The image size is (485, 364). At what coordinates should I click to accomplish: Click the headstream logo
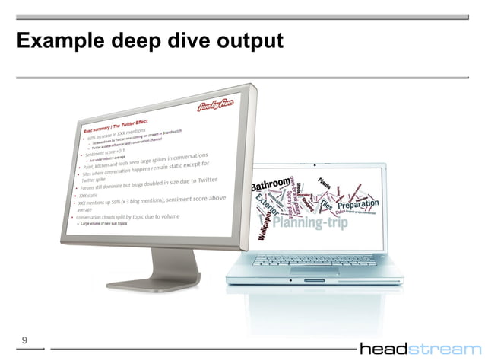tap(420, 349)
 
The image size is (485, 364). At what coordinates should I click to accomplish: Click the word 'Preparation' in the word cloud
tap(353, 206)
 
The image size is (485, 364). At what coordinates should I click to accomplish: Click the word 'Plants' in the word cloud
tap(328, 183)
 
